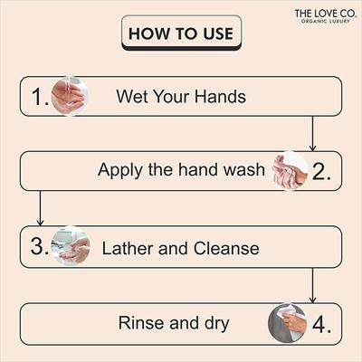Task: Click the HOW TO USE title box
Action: point(181,33)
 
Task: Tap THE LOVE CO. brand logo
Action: point(322,13)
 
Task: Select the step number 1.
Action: point(37,97)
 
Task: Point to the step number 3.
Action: point(37,246)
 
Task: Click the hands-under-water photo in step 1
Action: point(69,96)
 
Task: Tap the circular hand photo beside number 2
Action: point(291,170)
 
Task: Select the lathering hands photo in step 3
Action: point(71,246)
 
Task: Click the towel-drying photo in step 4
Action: point(288,323)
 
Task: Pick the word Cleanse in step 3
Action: point(225,247)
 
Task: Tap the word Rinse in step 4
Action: point(139,322)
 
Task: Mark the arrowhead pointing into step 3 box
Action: point(39,222)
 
